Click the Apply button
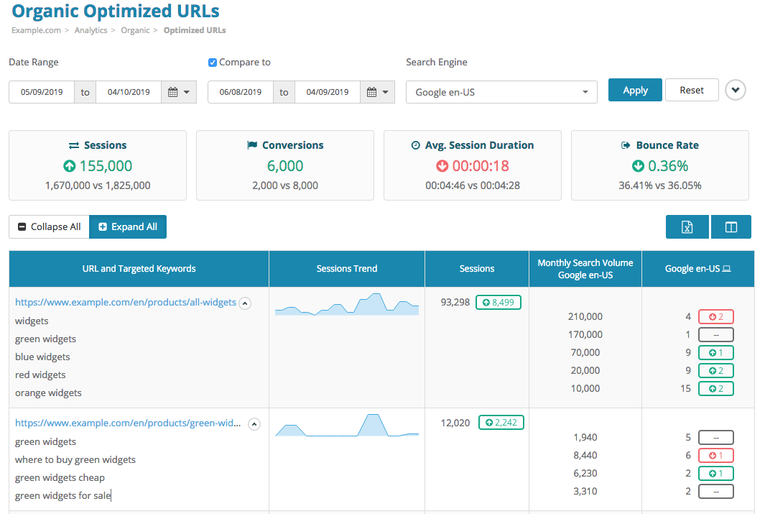tap(635, 91)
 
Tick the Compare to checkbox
tap(213, 63)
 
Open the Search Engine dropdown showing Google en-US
tap(501, 92)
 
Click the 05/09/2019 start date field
tap(42, 92)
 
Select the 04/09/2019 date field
tap(327, 92)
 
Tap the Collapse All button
tap(49, 227)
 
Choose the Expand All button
tap(128, 227)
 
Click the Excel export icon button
tap(687, 227)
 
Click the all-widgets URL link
tap(126, 303)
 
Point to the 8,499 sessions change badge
tap(498, 303)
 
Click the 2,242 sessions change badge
tap(501, 423)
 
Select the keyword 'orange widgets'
tap(48, 393)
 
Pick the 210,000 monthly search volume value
tap(585, 317)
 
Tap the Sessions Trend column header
tap(347, 269)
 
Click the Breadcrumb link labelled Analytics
tap(91, 30)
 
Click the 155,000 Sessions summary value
tap(106, 166)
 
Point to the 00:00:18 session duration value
tap(481, 166)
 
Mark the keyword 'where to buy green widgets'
tap(75, 460)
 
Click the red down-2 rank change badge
tap(715, 317)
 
